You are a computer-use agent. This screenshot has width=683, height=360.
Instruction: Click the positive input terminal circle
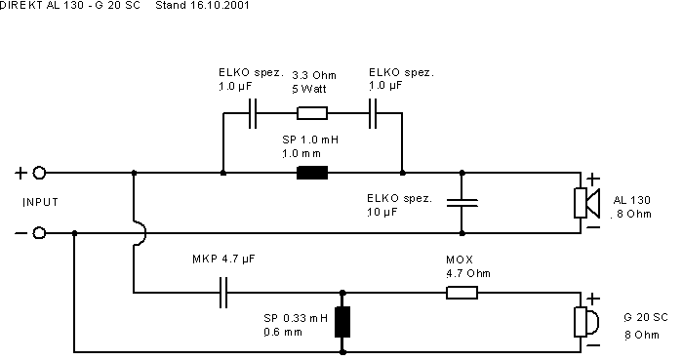click(39, 173)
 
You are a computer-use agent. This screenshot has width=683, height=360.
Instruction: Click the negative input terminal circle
click(39, 233)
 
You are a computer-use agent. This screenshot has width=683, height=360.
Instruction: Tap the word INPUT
click(41, 202)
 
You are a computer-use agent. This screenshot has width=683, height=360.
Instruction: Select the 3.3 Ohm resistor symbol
click(312, 113)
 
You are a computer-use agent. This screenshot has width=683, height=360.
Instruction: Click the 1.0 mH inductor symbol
click(312, 173)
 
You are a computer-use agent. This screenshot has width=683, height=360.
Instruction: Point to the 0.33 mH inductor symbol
click(342, 322)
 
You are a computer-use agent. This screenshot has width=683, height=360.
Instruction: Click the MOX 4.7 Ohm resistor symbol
click(462, 293)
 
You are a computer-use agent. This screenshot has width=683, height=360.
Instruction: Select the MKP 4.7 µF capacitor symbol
click(223, 293)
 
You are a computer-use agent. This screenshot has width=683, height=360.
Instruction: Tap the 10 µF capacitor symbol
click(462, 202)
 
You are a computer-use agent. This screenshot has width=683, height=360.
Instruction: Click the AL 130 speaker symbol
click(586, 203)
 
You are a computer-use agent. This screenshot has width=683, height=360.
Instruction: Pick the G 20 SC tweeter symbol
click(585, 322)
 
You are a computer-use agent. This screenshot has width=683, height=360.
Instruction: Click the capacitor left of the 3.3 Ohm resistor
click(253, 113)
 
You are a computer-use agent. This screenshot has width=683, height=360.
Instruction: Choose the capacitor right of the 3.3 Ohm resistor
click(373, 113)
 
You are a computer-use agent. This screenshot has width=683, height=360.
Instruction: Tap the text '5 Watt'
click(309, 89)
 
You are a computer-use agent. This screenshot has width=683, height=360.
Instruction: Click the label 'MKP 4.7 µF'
click(223, 259)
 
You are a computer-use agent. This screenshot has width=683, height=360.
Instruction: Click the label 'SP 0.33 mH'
click(296, 318)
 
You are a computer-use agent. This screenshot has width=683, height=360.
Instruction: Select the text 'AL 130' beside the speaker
click(631, 200)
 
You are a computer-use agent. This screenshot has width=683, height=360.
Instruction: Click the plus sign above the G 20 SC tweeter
click(592, 299)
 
